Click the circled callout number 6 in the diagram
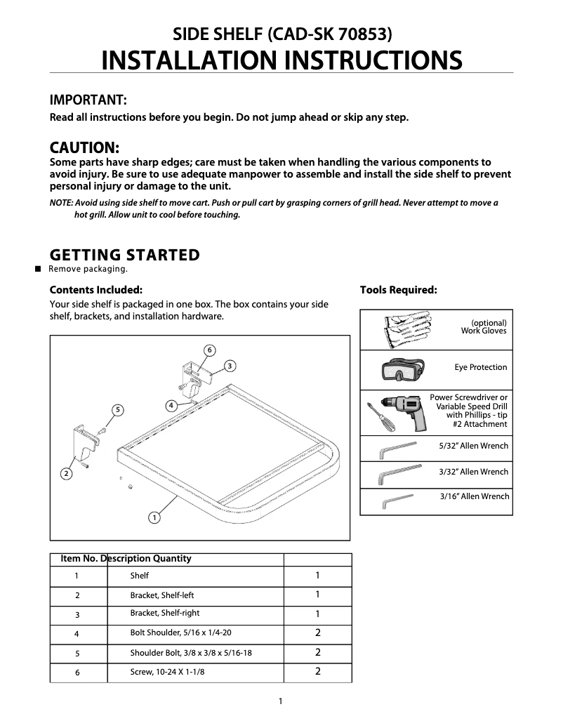click(209, 350)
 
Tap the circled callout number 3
click(230, 365)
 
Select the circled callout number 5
click(118, 409)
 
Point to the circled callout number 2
click(66, 473)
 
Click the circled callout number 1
click(153, 518)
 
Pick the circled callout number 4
click(171, 405)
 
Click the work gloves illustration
click(405, 330)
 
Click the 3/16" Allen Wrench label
click(475, 496)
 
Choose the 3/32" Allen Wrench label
click(473, 472)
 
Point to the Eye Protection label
click(480, 367)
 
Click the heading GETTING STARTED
click(124, 255)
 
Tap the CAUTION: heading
click(84, 148)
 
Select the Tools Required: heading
click(398, 289)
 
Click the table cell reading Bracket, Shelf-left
click(162, 595)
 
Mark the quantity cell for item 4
click(317, 633)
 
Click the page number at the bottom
click(280, 701)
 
